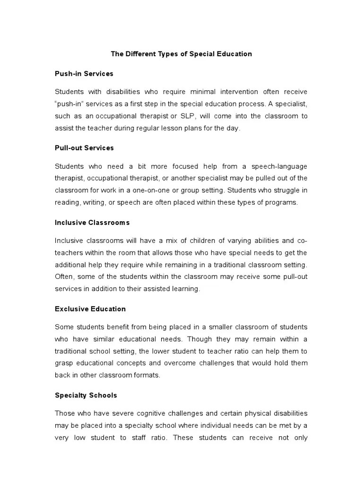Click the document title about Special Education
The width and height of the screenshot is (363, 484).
[x=181, y=54]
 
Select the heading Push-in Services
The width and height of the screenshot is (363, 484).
[x=84, y=74]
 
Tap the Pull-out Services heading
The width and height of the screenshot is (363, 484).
[x=84, y=148]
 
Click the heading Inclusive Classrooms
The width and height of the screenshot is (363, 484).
[x=92, y=222]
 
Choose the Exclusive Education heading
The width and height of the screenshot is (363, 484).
[x=90, y=309]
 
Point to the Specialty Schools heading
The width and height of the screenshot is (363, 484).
[x=86, y=395]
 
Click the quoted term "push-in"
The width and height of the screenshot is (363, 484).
[x=69, y=104]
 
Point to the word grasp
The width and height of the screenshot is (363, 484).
[x=64, y=363]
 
